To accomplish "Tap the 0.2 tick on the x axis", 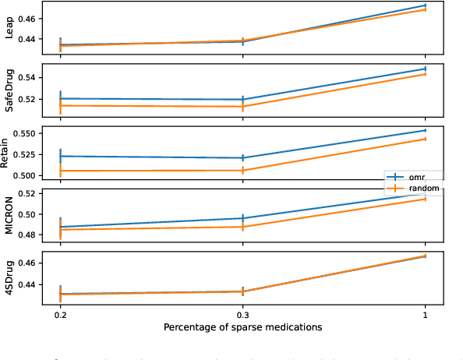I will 60,314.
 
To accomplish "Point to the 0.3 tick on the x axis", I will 243,314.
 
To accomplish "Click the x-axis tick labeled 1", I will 426,314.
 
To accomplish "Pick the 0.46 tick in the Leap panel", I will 27,18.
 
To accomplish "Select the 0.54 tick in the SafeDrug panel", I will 27,78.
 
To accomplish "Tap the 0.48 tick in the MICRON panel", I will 27,235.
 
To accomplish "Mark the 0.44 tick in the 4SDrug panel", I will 27,284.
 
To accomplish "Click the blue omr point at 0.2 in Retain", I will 60,156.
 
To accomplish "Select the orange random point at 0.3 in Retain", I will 243,170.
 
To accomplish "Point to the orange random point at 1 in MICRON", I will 426,199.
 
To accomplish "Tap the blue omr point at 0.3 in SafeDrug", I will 243,100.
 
